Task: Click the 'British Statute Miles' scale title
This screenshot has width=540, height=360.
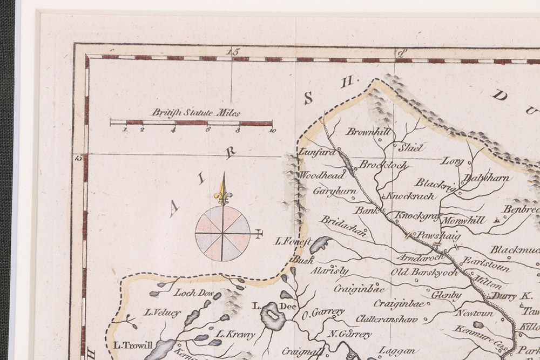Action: [195, 113]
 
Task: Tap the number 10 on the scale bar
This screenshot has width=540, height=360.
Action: [271, 130]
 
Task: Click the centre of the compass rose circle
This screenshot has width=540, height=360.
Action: [222, 233]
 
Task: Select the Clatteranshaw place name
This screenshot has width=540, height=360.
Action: [386, 319]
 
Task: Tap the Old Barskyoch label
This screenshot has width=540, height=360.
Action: [424, 273]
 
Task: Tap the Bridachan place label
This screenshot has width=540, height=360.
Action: [344, 226]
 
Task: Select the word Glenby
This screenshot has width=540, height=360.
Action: [447, 295]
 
